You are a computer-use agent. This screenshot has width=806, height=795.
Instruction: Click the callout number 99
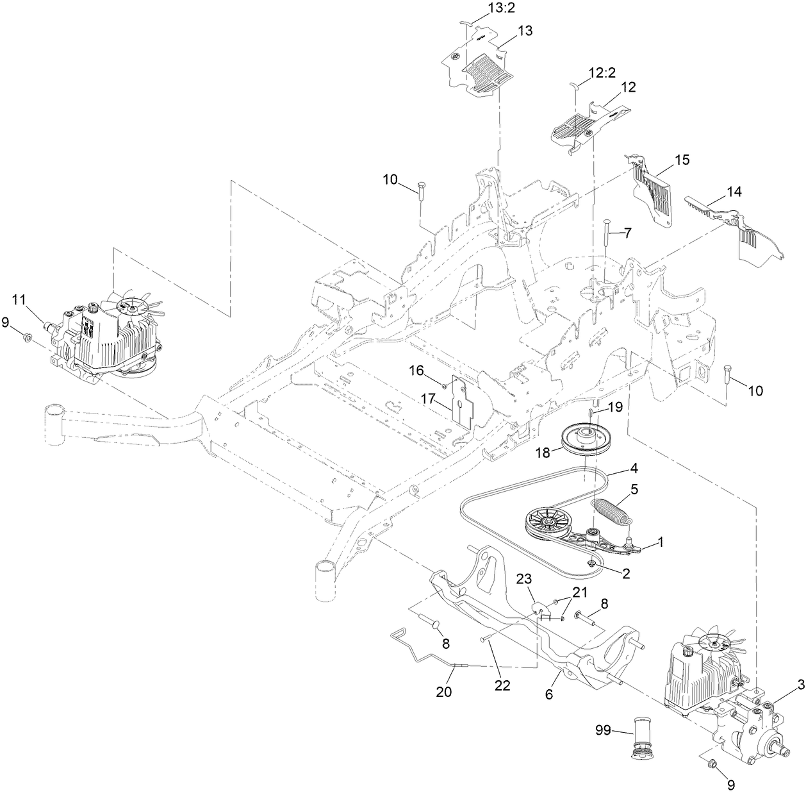coord(604,730)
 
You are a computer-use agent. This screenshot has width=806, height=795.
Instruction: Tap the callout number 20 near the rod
coord(443,691)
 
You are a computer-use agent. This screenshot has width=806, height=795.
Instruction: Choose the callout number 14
coord(732,191)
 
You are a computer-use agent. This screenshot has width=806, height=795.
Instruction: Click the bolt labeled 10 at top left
coord(420,190)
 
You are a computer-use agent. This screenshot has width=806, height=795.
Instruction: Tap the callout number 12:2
coord(602,74)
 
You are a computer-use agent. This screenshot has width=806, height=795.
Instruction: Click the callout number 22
coord(502,685)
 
